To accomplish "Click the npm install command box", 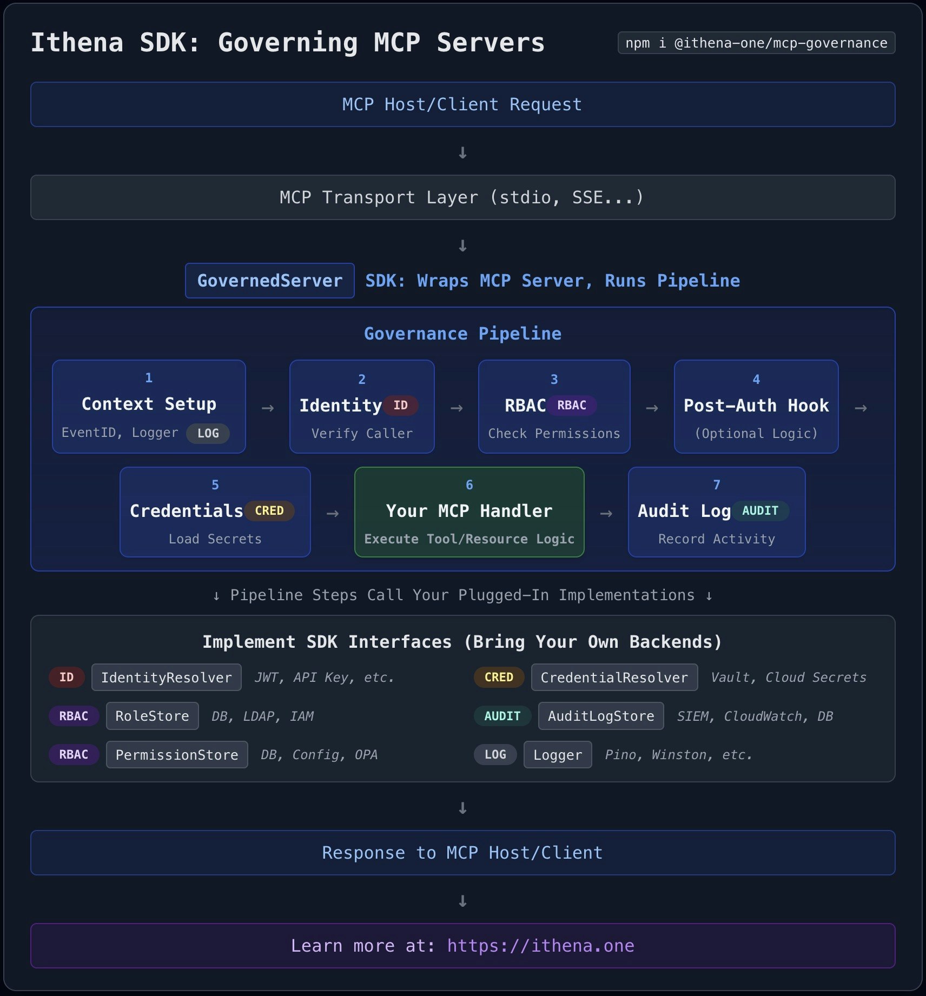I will click(x=756, y=43).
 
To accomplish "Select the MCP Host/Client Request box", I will click(x=462, y=104).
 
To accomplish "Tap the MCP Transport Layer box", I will click(x=462, y=197).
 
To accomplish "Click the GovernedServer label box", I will click(x=270, y=281).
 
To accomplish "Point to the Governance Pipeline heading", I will click(x=462, y=334).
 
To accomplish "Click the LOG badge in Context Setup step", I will click(x=208, y=433).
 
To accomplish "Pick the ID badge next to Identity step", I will click(x=400, y=406).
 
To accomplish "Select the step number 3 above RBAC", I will click(x=554, y=380).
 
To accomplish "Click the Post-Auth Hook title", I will click(x=756, y=406).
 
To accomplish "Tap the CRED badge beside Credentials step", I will click(x=269, y=511).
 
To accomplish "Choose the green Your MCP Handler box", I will click(x=469, y=512).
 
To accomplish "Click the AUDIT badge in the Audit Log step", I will click(x=760, y=511).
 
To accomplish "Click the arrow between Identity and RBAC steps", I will click(x=457, y=408).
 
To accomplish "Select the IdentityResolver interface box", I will click(x=166, y=678).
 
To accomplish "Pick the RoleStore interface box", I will click(x=152, y=716).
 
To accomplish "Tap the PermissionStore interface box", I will click(x=177, y=755).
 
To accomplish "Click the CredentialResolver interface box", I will click(x=614, y=678).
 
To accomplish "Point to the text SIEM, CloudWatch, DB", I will click(x=755, y=716).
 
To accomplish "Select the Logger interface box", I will click(x=557, y=755).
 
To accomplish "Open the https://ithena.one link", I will click(x=540, y=946).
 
